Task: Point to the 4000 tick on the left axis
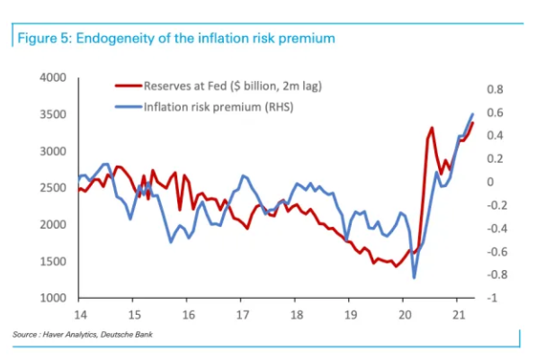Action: [54, 78]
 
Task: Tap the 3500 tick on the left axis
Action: [54, 114]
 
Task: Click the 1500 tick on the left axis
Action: [54, 261]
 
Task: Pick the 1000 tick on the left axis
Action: [54, 298]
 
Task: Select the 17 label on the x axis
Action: [242, 315]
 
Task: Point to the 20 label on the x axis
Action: [404, 315]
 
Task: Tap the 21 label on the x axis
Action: [458, 315]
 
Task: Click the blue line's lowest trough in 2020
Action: [415, 277]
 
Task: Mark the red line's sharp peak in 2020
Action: [432, 128]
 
